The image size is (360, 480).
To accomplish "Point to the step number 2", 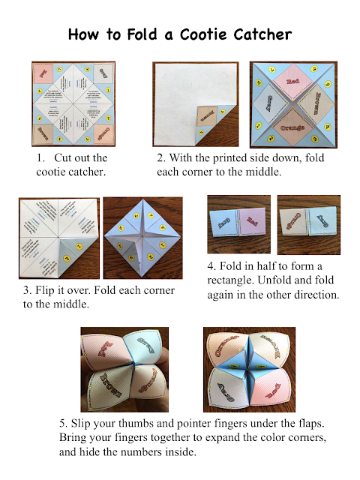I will (160, 158).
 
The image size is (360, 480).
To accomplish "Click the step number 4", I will (211, 266).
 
